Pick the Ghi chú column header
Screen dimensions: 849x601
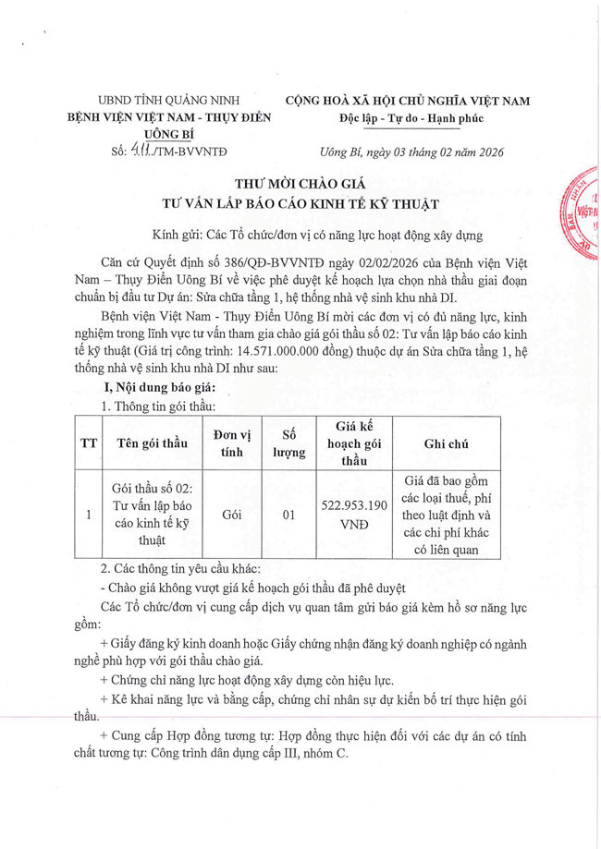coord(446,443)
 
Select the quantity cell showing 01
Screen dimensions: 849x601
coord(288,515)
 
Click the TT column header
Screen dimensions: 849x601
coord(89,443)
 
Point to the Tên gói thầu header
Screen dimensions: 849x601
coord(152,443)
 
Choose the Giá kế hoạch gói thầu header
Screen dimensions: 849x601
coord(354,443)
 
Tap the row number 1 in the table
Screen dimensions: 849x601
coord(89,515)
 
